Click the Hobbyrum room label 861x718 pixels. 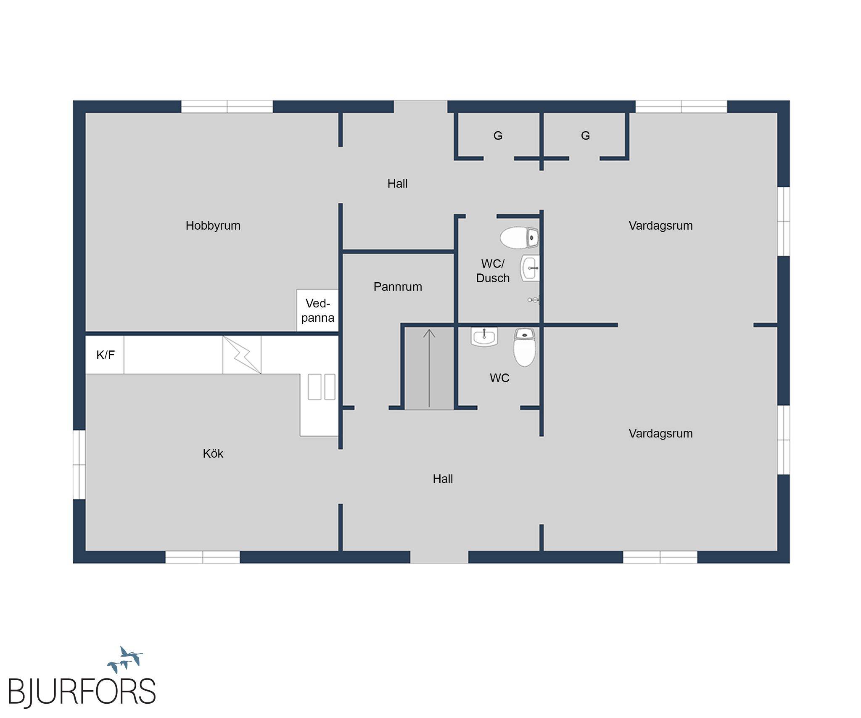[213, 226]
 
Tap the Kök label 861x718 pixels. [213, 453]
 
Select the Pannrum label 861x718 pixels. [398, 287]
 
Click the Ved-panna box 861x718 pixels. [317, 310]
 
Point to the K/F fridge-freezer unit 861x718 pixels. [105, 355]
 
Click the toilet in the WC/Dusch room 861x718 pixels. [519, 238]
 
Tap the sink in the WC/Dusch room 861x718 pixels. [530, 268]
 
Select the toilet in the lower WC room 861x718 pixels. [525, 347]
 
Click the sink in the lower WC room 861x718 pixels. [484, 337]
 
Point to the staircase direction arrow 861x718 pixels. [429, 368]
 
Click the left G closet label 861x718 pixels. [498, 135]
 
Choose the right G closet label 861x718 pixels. [585, 135]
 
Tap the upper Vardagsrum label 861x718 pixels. [660, 226]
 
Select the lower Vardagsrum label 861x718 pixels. [660, 434]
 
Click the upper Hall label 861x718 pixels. [397, 183]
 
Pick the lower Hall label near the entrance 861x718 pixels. [443, 479]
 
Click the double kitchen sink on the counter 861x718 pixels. [322, 387]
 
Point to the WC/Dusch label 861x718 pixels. [493, 271]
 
